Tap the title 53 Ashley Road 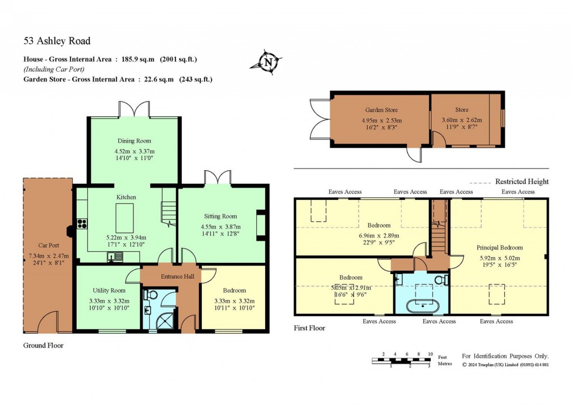coord(57,41)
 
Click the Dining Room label coord(134,141)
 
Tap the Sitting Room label coord(220,216)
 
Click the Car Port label coord(48,245)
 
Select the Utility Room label coord(109,290)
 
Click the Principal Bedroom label coord(499,248)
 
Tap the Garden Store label coord(381,111)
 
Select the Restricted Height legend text coord(522,181)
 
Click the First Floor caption coord(310,328)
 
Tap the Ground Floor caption coord(43,345)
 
